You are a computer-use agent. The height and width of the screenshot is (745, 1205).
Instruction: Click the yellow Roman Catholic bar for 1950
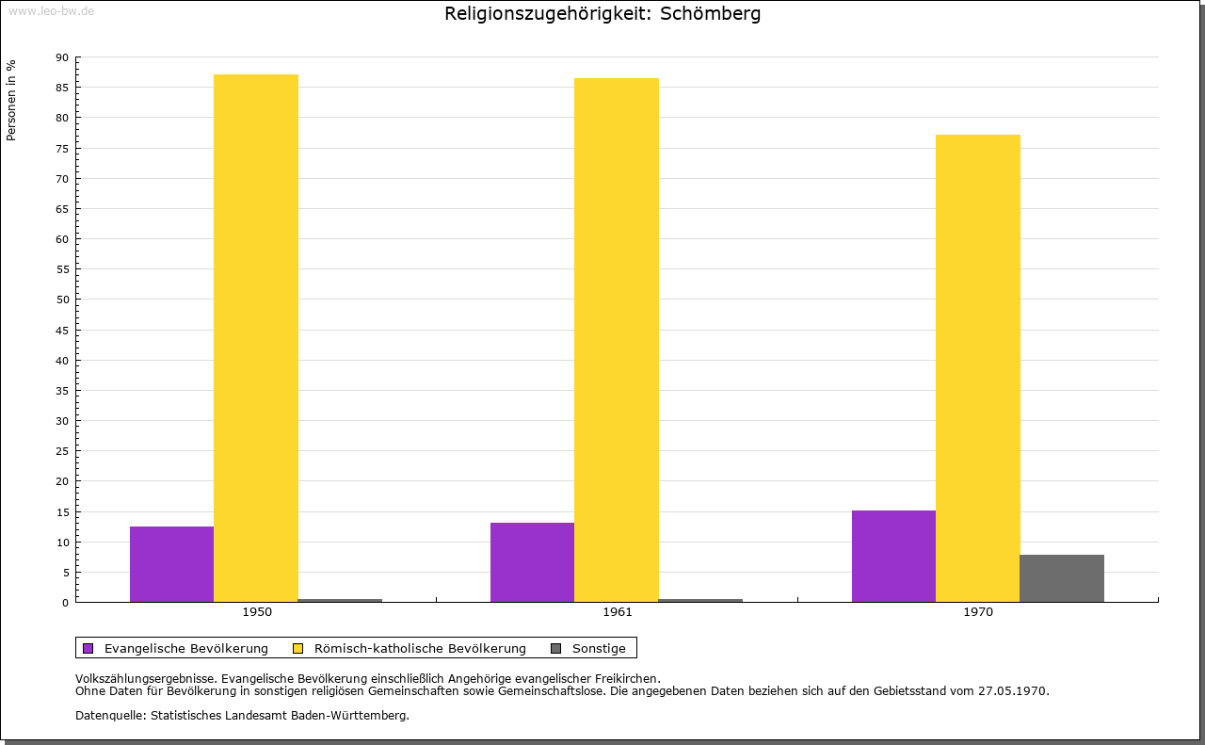256,338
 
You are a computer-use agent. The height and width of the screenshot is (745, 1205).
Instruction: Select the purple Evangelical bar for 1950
171,564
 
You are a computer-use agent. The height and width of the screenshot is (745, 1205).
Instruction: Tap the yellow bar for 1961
617,340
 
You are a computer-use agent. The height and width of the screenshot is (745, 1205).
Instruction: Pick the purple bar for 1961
532,562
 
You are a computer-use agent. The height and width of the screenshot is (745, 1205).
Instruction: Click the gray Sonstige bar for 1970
1062,578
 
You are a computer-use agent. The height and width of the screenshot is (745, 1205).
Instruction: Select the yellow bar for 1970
977,368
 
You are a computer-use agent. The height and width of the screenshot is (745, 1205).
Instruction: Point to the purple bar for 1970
893,556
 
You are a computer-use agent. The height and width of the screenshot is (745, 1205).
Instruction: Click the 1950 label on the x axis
257,612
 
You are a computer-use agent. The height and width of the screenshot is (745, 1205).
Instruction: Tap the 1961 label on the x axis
618,612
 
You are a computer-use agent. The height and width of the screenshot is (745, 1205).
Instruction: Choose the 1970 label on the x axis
978,612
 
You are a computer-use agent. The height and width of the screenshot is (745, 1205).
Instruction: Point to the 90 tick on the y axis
62,57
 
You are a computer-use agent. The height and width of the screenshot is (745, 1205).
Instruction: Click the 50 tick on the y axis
62,300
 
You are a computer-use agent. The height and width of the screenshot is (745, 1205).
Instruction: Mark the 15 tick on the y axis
62,511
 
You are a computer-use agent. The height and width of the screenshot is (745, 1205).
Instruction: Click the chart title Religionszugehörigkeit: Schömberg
602,14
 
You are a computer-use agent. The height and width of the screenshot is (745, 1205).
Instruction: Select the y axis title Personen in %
11,100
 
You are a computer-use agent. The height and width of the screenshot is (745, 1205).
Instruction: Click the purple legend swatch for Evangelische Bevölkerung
88,648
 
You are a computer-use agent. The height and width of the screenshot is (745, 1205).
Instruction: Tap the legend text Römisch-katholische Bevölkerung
420,648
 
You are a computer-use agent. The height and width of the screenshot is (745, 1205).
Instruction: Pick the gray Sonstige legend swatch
555,648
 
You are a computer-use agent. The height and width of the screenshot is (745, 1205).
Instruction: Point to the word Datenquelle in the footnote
108,715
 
